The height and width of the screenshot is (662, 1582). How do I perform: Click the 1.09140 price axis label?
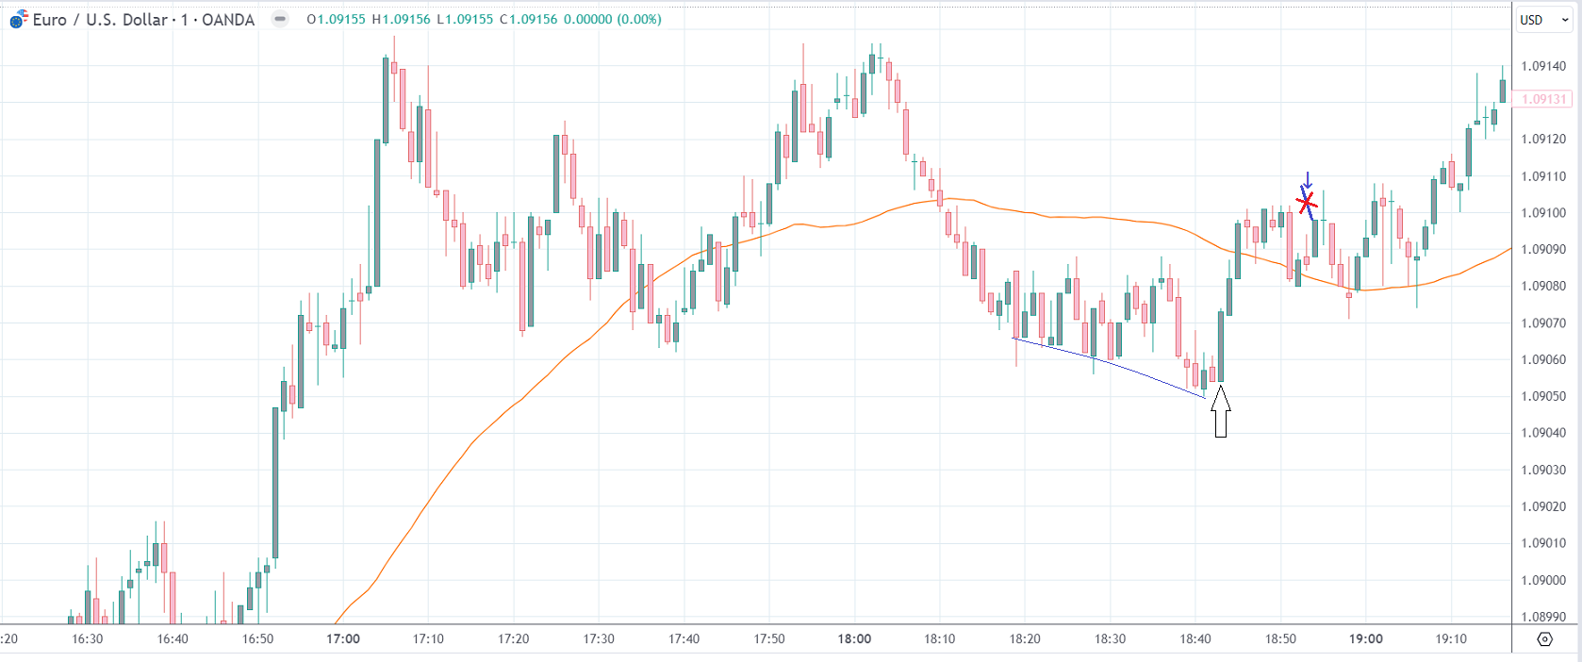click(x=1543, y=66)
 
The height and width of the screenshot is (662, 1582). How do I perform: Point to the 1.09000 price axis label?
click(x=1543, y=580)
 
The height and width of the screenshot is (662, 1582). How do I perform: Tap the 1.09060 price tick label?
click(x=1543, y=359)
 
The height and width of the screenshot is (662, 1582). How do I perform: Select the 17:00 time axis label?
click(x=343, y=638)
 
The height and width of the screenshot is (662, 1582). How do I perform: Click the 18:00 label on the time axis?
click(x=854, y=638)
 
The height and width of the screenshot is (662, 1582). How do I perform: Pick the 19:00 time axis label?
click(x=1365, y=638)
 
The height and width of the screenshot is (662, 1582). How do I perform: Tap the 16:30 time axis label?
click(x=88, y=638)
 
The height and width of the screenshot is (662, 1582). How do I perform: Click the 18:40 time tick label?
click(x=1195, y=638)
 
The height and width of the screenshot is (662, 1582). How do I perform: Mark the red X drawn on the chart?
click(x=1307, y=202)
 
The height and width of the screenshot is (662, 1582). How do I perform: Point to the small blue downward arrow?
click(x=1307, y=180)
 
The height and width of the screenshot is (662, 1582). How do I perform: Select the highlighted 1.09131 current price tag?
click(x=1542, y=99)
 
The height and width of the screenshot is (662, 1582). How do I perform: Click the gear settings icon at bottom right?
click(x=1544, y=638)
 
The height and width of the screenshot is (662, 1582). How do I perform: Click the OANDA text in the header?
click(x=228, y=20)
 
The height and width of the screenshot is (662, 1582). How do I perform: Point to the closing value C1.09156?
click(x=528, y=20)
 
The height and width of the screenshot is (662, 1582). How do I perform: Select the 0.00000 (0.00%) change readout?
click(x=613, y=20)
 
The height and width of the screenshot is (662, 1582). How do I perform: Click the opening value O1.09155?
click(x=336, y=20)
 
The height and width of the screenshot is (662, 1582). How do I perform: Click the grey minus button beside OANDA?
click(x=280, y=19)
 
